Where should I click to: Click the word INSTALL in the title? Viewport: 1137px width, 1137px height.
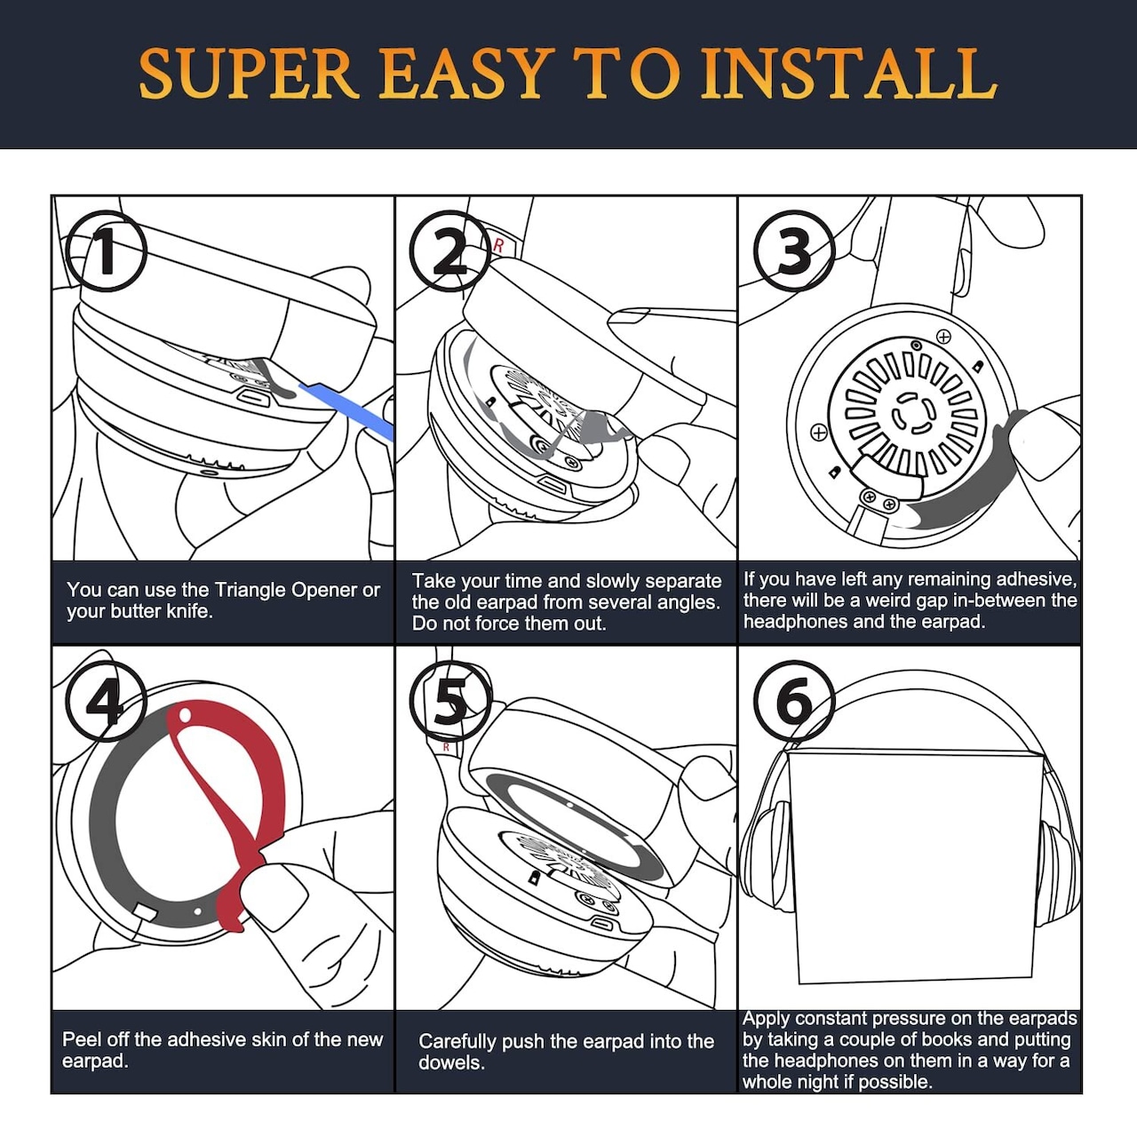pyautogui.click(x=849, y=74)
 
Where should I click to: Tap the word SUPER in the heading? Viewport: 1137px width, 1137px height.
pyautogui.click(x=249, y=74)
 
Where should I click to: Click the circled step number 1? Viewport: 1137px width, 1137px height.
pyautogui.click(x=107, y=251)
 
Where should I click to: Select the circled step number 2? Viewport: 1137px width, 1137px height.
pyautogui.click(x=450, y=251)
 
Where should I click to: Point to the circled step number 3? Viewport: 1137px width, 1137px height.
pyautogui.click(x=794, y=251)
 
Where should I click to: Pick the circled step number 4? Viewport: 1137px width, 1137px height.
pyautogui.click(x=107, y=701)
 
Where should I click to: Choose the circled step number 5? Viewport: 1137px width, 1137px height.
pyautogui.click(x=450, y=701)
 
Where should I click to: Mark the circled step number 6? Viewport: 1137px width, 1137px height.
pyautogui.click(x=794, y=701)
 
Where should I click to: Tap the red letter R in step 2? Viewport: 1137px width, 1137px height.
pyautogui.click(x=498, y=245)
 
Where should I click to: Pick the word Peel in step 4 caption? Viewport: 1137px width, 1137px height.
pyautogui.click(x=81, y=1039)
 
